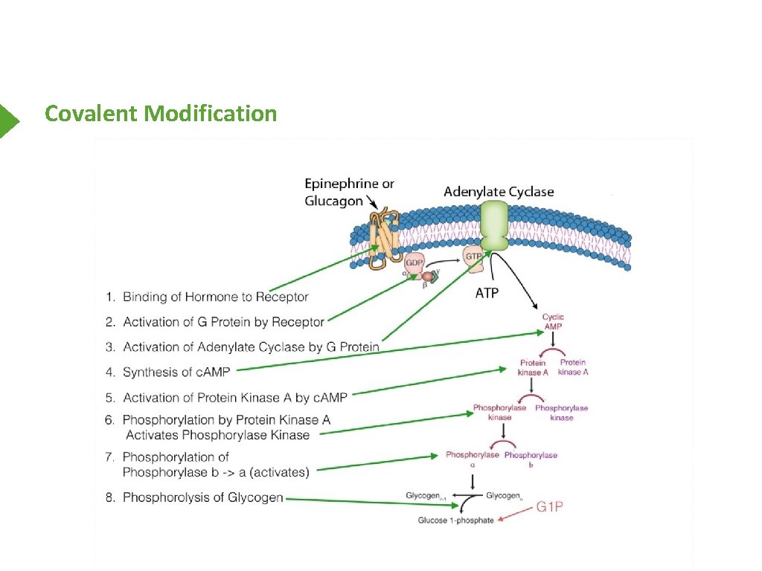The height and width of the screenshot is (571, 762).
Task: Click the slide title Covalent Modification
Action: [x=161, y=114]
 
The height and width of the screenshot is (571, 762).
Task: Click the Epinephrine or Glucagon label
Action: [x=349, y=192]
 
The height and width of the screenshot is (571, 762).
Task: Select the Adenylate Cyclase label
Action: [x=499, y=192]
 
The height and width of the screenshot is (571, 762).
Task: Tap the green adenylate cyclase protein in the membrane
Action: [x=493, y=227]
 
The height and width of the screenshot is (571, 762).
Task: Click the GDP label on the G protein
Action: [x=414, y=262]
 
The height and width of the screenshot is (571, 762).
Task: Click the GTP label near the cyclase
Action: [x=473, y=256]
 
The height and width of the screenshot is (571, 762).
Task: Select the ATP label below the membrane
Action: [x=487, y=293]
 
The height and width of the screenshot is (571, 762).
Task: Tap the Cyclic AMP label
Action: [x=553, y=322]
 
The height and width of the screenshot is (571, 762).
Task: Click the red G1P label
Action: [x=550, y=508]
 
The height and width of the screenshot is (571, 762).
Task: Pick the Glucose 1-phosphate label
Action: [x=455, y=520]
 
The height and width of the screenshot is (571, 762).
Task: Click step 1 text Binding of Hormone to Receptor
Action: [x=215, y=297]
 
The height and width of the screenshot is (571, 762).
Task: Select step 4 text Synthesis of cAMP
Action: [x=177, y=372]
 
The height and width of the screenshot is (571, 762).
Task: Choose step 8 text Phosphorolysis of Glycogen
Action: [x=202, y=497]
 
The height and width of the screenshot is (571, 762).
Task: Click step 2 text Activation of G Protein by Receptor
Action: [x=223, y=322]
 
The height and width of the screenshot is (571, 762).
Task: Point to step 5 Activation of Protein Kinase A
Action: [x=234, y=397]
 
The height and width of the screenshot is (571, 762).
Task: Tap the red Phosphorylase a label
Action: [x=473, y=459]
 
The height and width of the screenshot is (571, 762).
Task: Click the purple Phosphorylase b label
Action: [x=531, y=459]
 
